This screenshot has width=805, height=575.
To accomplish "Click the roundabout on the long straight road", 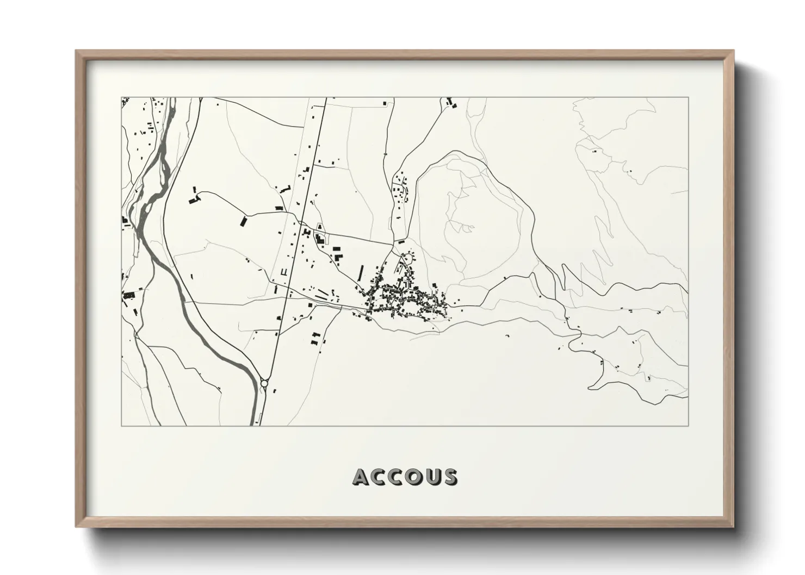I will pyautogui.click(x=264, y=383).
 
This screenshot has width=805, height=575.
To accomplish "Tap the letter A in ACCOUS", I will pyautogui.click(x=362, y=477).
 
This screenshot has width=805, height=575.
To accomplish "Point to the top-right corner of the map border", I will pyautogui.click(x=688, y=97).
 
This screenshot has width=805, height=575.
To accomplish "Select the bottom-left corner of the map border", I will pyautogui.click(x=121, y=426).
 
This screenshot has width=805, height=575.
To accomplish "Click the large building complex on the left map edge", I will pyautogui.click(x=129, y=295).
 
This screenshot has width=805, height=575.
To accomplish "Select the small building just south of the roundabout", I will pyautogui.click(x=275, y=390).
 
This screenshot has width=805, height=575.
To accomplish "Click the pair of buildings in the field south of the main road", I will pyautogui.click(x=315, y=338).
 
